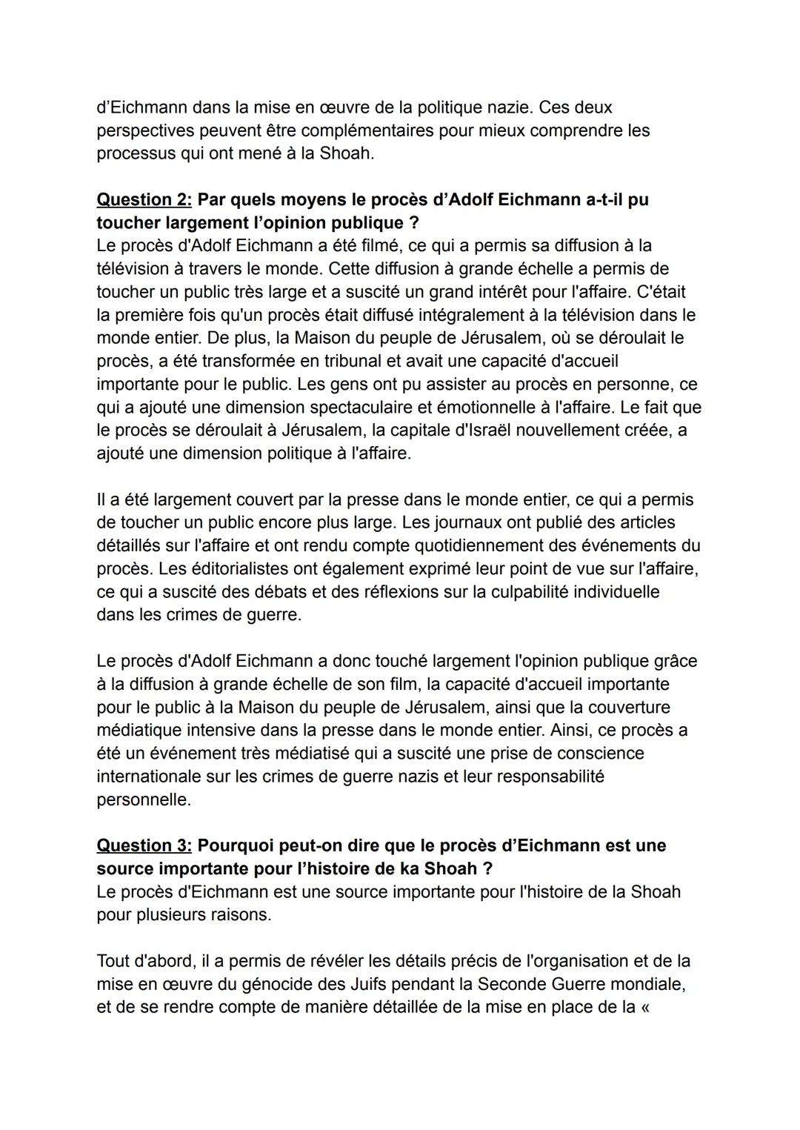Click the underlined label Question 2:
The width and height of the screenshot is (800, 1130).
pyautogui.click(x=144, y=200)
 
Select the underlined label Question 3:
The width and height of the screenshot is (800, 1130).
pyautogui.click(x=144, y=846)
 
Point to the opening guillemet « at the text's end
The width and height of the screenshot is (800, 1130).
pyautogui.click(x=643, y=1008)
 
